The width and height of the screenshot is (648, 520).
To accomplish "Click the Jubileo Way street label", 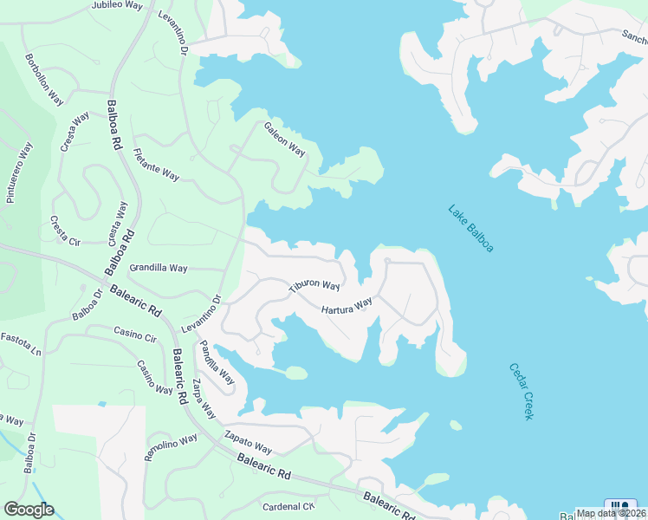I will [117, 5].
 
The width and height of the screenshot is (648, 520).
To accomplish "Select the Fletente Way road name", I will [156, 166].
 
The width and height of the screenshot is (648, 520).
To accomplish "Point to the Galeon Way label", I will [285, 139].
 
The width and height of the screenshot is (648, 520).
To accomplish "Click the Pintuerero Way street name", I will [19, 172].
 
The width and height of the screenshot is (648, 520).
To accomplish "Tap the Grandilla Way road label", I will [158, 269].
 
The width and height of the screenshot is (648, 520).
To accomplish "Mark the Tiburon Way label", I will [314, 285].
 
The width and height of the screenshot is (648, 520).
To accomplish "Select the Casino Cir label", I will [134, 335].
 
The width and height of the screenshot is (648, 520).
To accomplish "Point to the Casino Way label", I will [155, 378].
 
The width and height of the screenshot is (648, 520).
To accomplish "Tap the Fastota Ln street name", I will [21, 344].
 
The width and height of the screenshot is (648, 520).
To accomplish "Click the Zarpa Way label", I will [204, 399].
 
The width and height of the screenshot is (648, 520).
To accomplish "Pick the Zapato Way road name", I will [248, 442].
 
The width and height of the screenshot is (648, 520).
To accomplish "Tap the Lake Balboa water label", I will [470, 228].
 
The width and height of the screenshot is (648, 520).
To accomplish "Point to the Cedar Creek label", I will [521, 391].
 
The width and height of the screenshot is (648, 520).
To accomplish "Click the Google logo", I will [29, 510].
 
